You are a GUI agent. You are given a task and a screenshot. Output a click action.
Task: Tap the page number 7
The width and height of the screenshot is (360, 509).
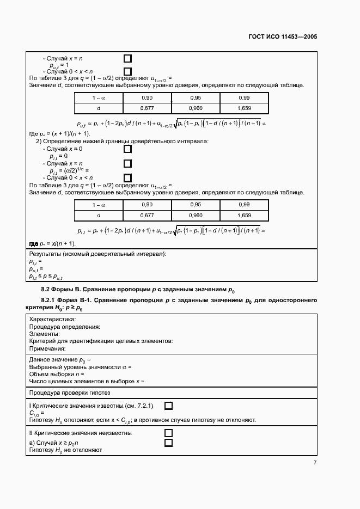[315, 462]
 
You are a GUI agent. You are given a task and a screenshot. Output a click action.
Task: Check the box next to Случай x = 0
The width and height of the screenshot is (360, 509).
[127, 149]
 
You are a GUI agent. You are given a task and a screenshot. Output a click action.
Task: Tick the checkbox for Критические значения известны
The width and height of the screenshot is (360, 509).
[168, 406]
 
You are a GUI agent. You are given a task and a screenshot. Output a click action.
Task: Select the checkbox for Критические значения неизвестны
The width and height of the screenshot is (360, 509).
[168, 433]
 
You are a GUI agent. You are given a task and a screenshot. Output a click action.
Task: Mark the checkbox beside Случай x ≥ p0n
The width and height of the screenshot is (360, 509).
[168, 443]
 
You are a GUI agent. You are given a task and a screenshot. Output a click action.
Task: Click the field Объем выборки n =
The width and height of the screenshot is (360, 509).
[56, 374]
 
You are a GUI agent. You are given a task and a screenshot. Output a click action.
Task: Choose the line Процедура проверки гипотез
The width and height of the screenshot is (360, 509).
[69, 392]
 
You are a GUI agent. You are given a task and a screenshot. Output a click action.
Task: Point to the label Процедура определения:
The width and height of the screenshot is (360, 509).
[64, 327]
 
